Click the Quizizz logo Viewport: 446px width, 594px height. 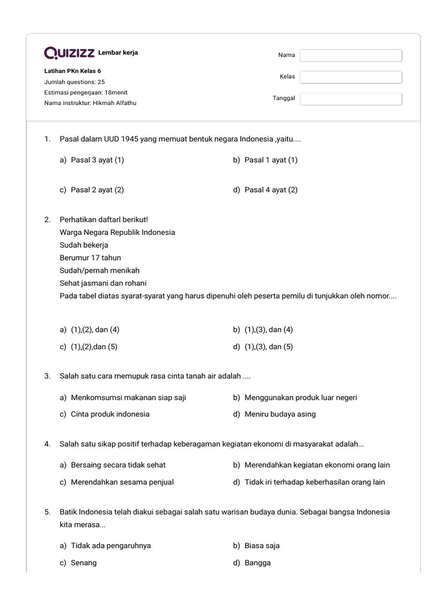tap(70, 53)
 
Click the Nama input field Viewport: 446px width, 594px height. tap(351, 55)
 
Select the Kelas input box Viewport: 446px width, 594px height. tap(351, 77)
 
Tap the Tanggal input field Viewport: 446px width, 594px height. tap(351, 99)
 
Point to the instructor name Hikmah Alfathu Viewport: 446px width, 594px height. tap(114, 103)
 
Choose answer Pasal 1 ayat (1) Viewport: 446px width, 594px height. tap(271, 160)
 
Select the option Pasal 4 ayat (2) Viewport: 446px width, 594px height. tap(271, 190)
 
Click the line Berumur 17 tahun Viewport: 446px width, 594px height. tap(90, 258)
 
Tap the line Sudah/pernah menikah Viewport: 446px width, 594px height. tap(99, 270)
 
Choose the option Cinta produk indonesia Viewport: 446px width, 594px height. tap(110, 414)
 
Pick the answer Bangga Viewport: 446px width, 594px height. tap(257, 563)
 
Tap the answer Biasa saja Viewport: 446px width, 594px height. tap(262, 545)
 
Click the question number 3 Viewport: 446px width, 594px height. tap(47, 376)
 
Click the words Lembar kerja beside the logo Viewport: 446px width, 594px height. tap(118, 53)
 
